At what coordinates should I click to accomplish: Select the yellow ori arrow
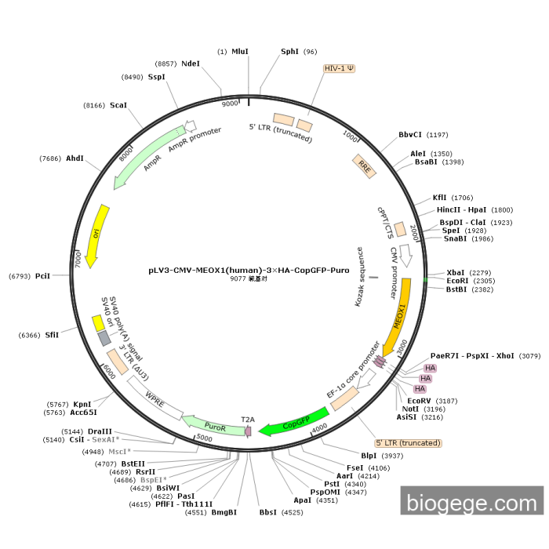(x=98, y=235)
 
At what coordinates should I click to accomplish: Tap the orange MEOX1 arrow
(x=399, y=316)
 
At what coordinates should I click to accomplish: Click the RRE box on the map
(x=364, y=166)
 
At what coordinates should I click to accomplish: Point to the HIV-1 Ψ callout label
(x=339, y=68)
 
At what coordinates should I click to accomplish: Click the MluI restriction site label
(x=240, y=52)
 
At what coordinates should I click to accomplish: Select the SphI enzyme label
(x=289, y=52)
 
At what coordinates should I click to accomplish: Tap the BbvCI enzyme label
(x=410, y=135)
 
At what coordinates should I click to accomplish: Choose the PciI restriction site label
(x=42, y=276)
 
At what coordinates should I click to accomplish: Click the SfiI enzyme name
(x=52, y=335)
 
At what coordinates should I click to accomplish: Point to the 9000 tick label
(x=230, y=104)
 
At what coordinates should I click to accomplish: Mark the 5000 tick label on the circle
(x=204, y=438)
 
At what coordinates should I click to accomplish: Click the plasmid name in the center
(x=249, y=271)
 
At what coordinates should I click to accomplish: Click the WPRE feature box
(x=155, y=398)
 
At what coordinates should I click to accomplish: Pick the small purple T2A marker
(x=249, y=431)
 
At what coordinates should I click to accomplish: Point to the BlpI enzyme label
(x=369, y=456)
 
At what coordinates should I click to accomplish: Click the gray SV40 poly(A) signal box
(x=104, y=338)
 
